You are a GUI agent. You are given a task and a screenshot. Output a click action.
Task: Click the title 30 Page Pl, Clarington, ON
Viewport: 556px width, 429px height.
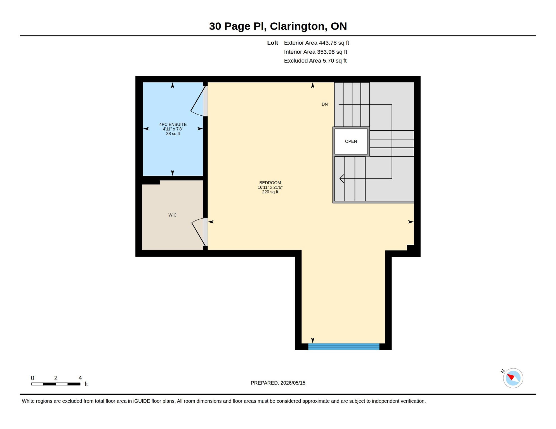(278, 26)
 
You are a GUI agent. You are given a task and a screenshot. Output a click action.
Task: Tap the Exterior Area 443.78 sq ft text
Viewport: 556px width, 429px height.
(316, 43)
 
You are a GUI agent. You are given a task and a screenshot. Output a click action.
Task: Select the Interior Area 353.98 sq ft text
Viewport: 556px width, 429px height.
(315, 52)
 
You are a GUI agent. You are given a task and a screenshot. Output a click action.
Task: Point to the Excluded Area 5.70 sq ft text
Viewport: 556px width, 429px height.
(315, 61)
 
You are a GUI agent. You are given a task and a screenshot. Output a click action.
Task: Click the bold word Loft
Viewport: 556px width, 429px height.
(272, 43)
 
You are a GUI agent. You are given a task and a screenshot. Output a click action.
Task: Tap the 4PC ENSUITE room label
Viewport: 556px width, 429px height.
(173, 125)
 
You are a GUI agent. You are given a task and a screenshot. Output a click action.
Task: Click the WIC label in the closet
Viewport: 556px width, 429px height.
(172, 215)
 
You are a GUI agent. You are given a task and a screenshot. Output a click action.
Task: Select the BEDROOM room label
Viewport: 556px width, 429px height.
(270, 183)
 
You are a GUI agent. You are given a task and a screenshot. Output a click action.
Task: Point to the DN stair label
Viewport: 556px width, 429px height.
(324, 104)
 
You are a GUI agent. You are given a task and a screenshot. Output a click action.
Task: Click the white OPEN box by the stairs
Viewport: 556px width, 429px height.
(351, 141)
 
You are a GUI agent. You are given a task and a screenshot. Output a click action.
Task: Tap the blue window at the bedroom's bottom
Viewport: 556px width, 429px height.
(344, 347)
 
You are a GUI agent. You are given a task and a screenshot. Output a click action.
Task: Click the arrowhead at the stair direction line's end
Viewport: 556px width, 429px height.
(341, 178)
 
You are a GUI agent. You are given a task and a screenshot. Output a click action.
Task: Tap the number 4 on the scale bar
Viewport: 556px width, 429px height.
(80, 378)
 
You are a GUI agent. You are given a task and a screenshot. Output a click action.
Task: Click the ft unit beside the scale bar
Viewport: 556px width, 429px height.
(86, 384)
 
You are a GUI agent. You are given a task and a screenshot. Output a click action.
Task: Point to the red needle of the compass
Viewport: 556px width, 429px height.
(511, 377)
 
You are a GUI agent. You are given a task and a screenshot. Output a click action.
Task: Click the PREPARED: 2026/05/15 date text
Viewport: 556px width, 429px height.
(278, 383)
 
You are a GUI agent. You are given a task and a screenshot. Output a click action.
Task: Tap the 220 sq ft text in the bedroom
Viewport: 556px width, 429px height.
(270, 192)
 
